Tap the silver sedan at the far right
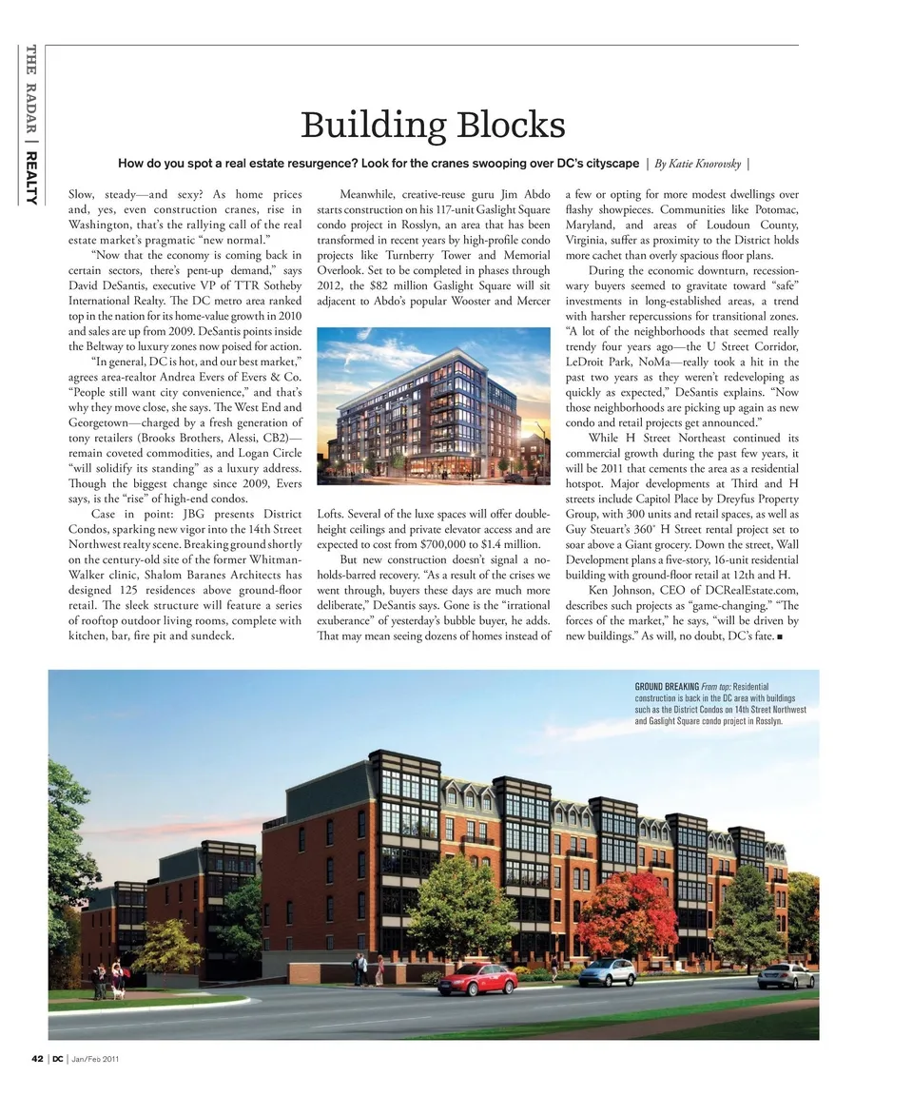786,975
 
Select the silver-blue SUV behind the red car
607,971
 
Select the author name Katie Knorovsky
699,164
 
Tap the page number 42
36,1059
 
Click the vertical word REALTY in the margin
30,178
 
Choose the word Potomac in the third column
767,209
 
